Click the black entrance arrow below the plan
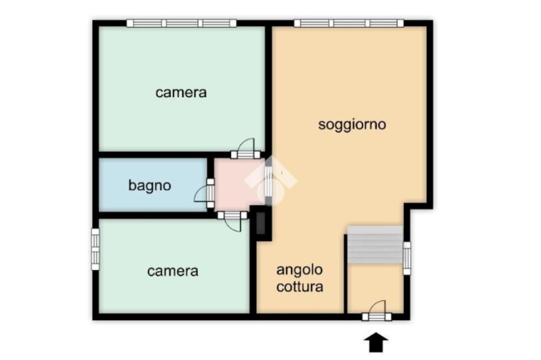tap(376, 343)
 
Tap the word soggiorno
tap(352, 125)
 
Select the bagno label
tap(150, 185)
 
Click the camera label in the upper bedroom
tap(181, 92)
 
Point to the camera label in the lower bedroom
tap(173, 271)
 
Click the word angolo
tap(300, 270)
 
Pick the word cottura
tap(300, 287)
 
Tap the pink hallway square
tap(239, 184)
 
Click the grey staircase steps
tap(375, 245)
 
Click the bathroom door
tap(206, 193)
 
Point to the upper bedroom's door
tap(245, 149)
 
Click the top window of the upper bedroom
tap(182, 23)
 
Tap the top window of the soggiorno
tap(349, 23)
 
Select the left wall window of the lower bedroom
tap(95, 249)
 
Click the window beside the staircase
tap(407, 258)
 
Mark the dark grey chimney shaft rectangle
tap(261, 223)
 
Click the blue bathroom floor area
tap(153, 185)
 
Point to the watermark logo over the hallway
tap(271, 181)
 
